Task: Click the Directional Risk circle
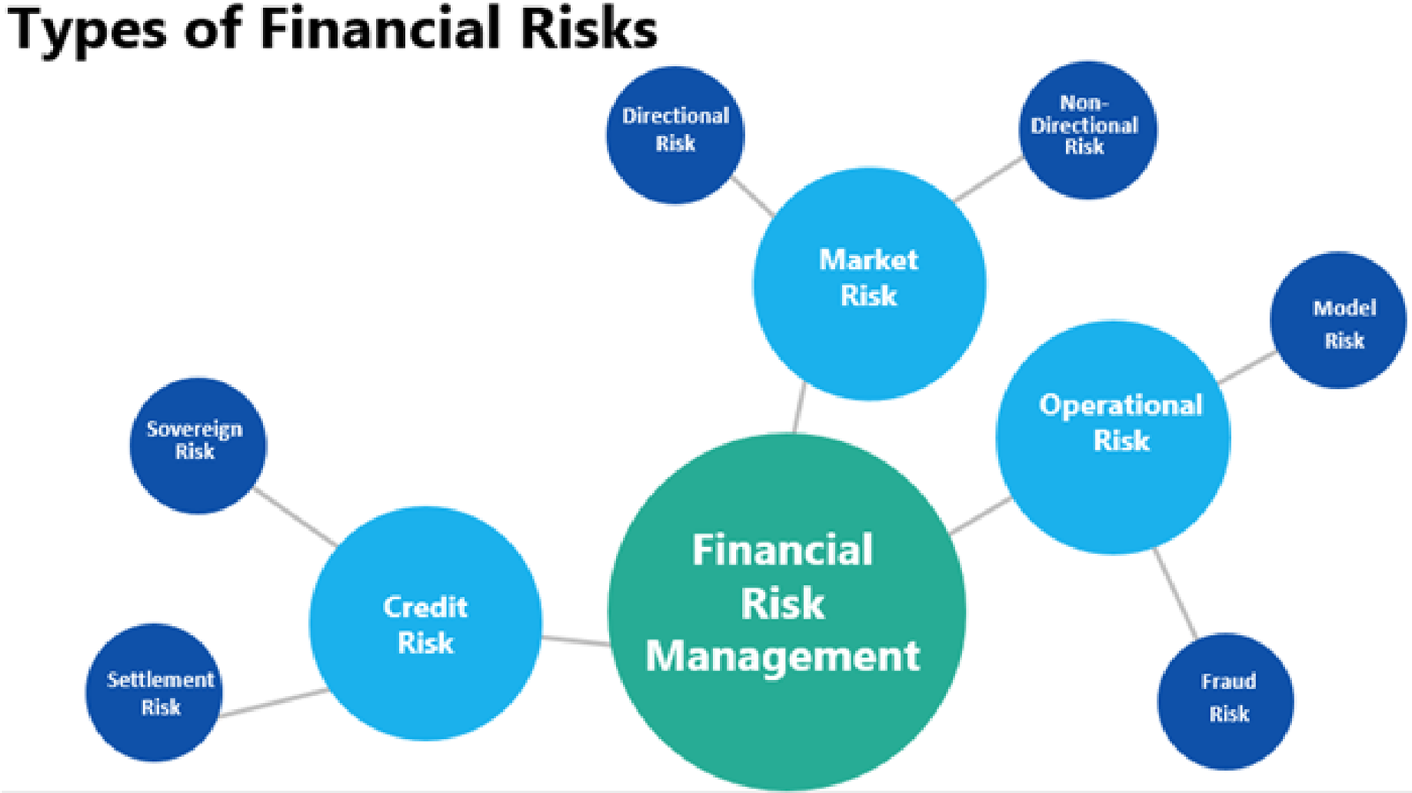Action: [675, 135]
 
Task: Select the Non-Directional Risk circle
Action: [1087, 130]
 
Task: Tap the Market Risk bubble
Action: [869, 283]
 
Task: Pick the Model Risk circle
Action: [1338, 320]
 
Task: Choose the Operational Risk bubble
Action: [1113, 438]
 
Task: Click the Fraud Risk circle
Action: [1226, 701]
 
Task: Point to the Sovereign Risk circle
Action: [198, 445]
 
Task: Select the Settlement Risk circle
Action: [154, 692]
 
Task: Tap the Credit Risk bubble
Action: [425, 623]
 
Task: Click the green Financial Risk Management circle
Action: [786, 611]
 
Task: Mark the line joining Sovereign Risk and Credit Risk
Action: [296, 517]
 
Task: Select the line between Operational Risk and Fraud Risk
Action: [1175, 594]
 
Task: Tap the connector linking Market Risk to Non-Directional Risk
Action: [988, 180]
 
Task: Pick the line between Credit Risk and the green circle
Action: [576, 640]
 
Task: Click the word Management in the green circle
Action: [783, 656]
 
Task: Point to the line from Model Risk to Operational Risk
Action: [1248, 367]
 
